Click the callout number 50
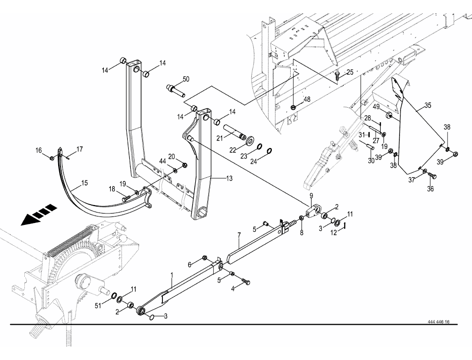point(186,79)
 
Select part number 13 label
point(215,178)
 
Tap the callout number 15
point(84,183)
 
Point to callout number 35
point(428,106)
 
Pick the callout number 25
point(350,72)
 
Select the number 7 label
point(239,234)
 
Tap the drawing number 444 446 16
point(438,322)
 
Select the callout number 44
point(162,160)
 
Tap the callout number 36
point(431,188)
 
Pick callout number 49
point(377,106)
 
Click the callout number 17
point(79,149)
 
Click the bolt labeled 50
point(174,91)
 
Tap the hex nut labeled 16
point(52,158)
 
